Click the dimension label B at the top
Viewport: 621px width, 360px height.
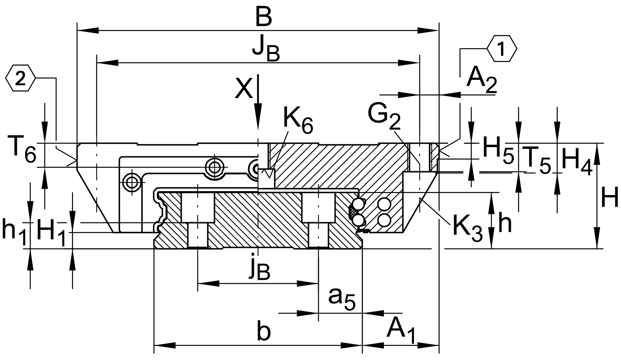pyautogui.click(x=264, y=17)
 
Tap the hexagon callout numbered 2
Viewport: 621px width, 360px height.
pyautogui.click(x=20, y=78)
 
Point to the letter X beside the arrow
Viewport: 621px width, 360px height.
pyautogui.click(x=244, y=88)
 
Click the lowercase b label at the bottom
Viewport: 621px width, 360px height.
pyautogui.click(x=264, y=331)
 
